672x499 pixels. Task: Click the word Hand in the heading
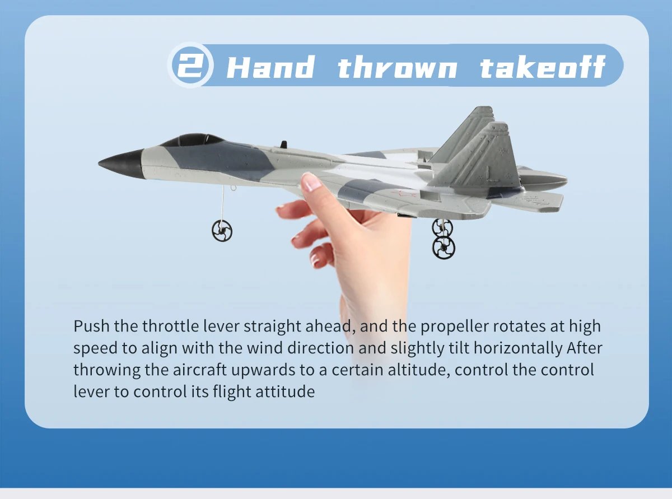tap(270, 68)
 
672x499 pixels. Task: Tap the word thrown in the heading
tap(396, 68)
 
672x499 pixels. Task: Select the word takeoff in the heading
tap(542, 68)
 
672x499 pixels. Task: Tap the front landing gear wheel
tap(221, 230)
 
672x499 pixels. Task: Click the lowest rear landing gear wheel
tap(444, 247)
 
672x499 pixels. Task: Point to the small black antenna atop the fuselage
tap(283, 144)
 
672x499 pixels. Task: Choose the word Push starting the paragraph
tap(91, 326)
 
